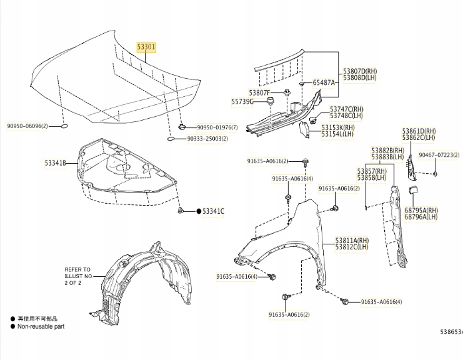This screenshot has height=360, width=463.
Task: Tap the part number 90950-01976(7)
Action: [x=218, y=127]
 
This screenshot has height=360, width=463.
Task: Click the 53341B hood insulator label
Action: [x=55, y=163]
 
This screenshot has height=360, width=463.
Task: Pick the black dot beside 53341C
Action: [x=199, y=211]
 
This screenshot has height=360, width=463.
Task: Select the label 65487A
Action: [x=324, y=82]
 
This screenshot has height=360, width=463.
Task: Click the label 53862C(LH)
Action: [x=419, y=137]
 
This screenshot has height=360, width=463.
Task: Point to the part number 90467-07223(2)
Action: [x=439, y=154]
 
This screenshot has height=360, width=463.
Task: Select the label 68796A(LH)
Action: [x=421, y=217]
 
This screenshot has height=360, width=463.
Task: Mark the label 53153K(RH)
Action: [x=337, y=127]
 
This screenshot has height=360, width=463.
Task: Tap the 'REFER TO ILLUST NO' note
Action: [x=77, y=276]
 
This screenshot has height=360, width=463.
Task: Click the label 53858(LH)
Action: [x=375, y=177]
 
